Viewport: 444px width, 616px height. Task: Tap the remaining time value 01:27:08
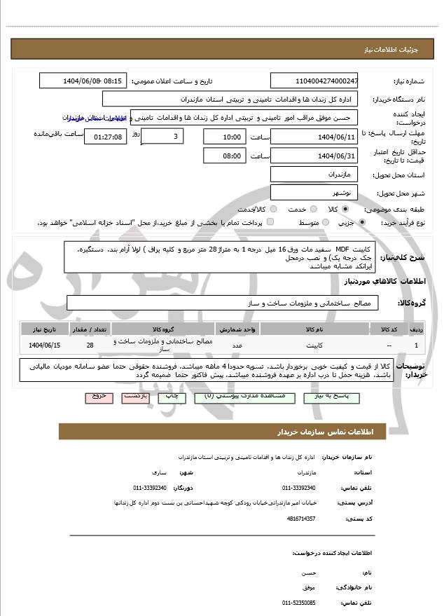point(106,137)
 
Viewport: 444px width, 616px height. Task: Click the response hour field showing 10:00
point(224,137)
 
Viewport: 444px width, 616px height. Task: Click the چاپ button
point(172,397)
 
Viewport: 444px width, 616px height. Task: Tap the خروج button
point(99,397)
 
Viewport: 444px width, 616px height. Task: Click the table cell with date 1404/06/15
point(45,345)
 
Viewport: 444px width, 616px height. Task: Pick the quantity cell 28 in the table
point(90,345)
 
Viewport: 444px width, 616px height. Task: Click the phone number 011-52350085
point(298,602)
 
